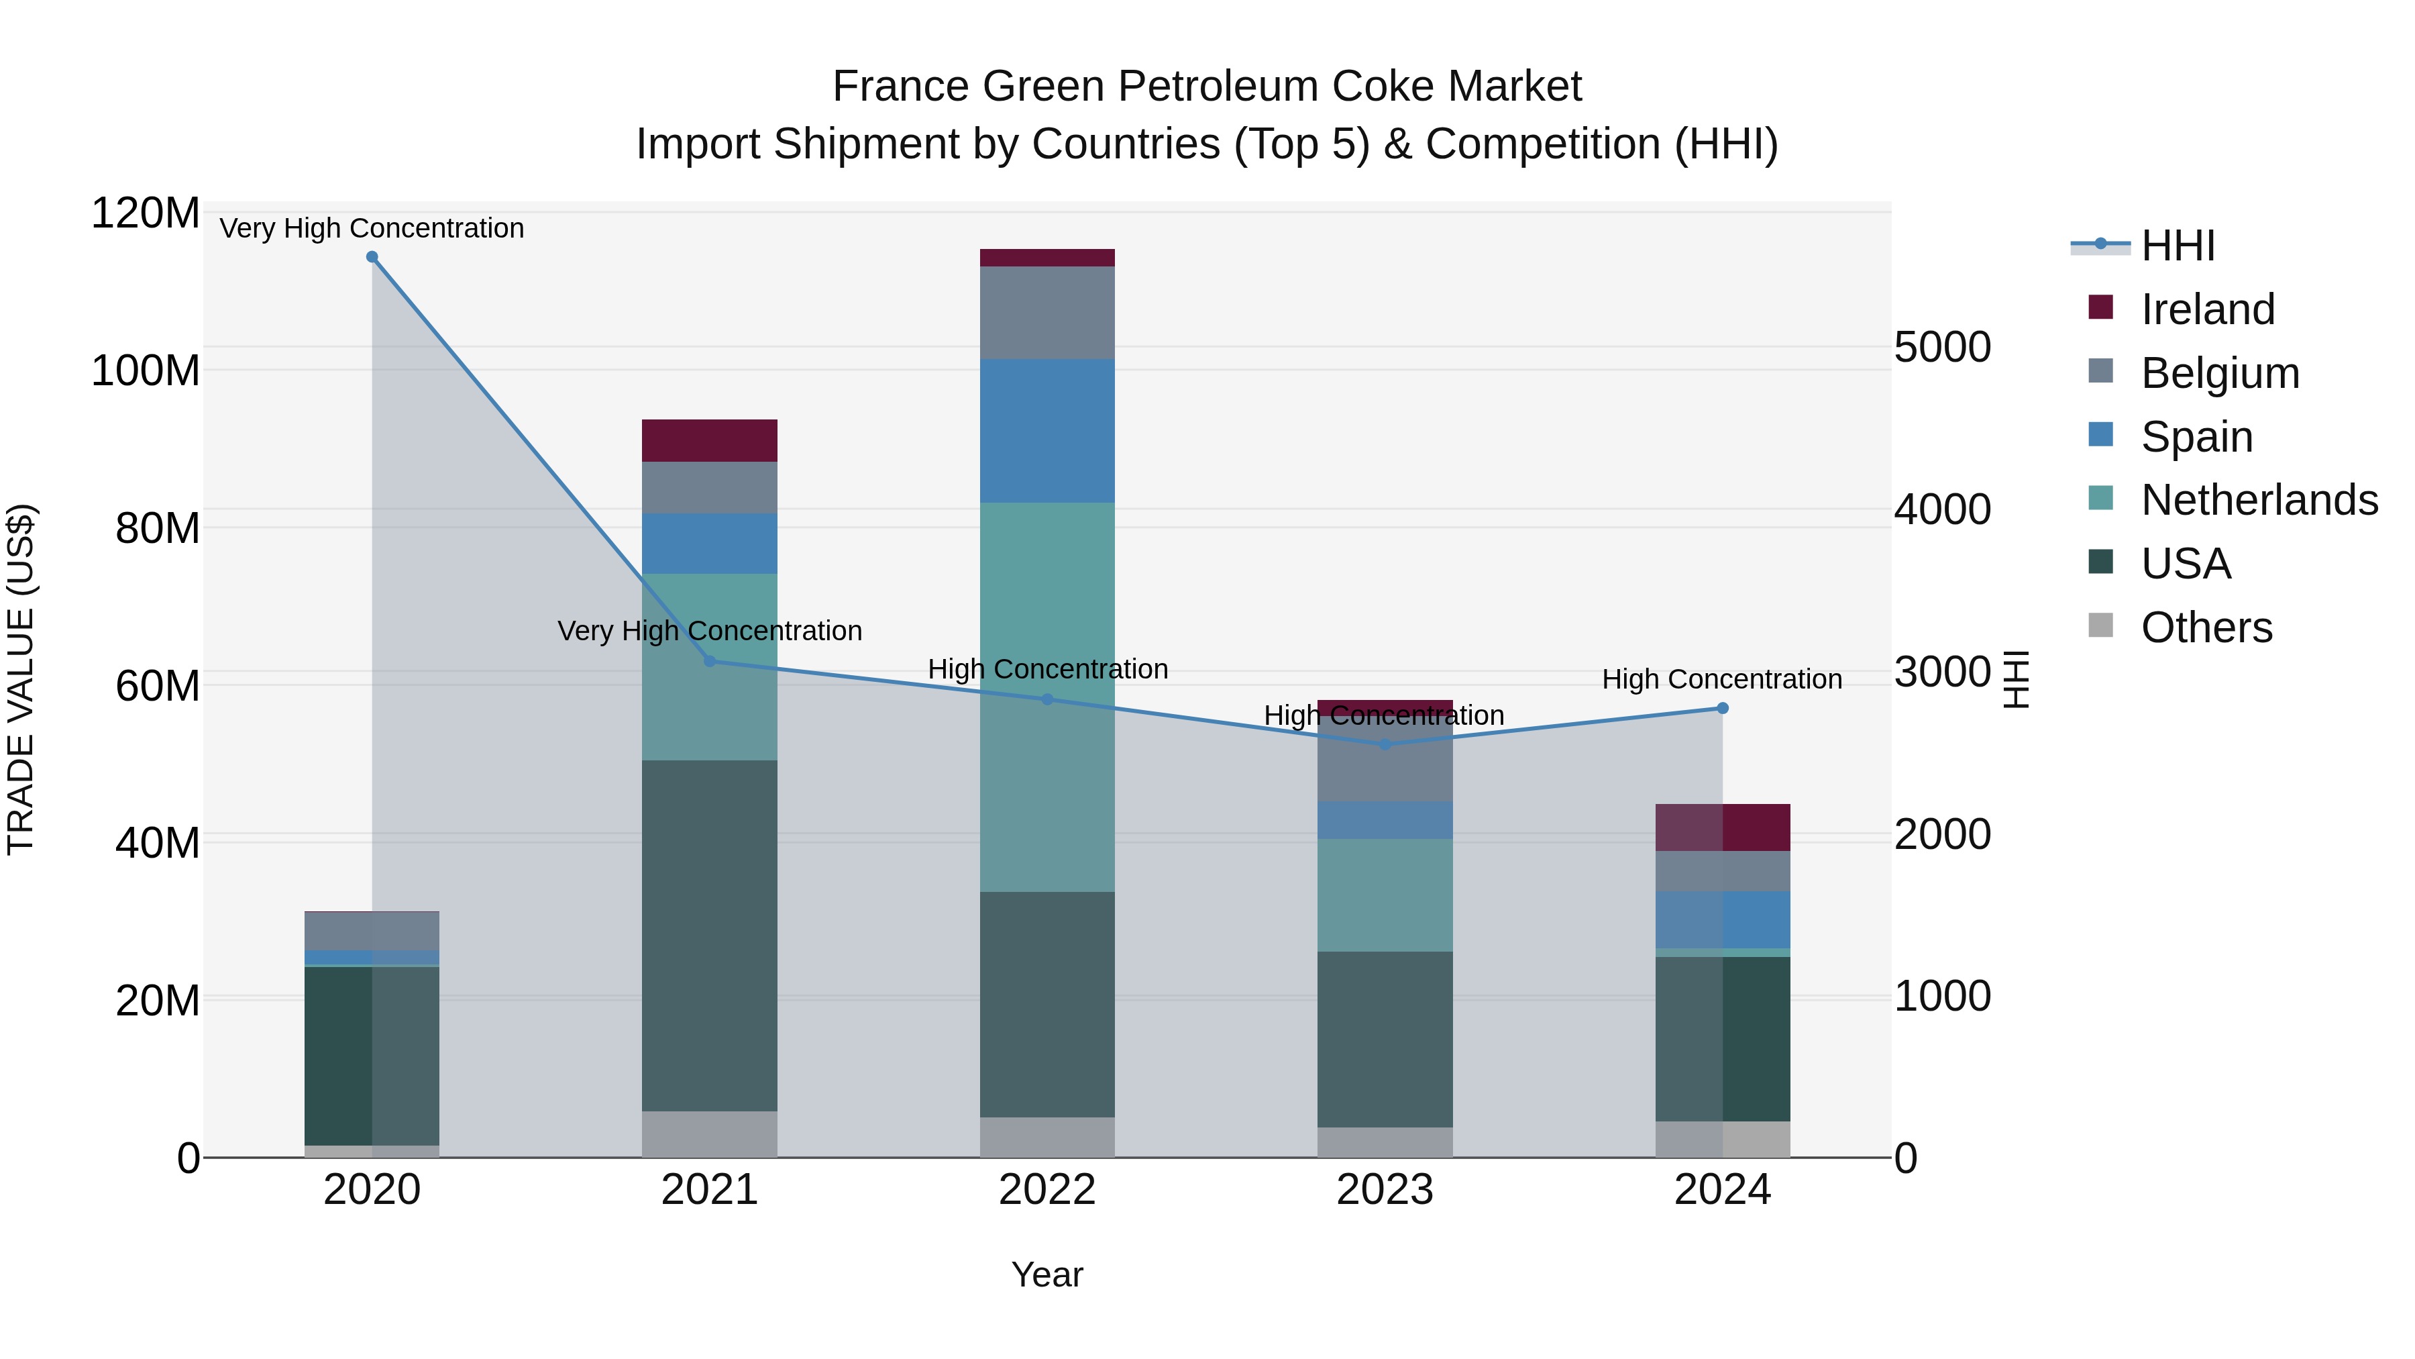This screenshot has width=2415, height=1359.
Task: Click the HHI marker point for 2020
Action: click(372, 257)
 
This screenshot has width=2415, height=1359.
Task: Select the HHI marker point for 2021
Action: click(710, 661)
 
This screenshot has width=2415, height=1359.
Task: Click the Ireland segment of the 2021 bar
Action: click(710, 441)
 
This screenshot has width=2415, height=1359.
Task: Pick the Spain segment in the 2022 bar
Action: click(1047, 432)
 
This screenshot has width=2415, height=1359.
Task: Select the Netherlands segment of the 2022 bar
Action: click(1047, 600)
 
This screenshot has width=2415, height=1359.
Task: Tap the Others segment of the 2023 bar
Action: click(1385, 1142)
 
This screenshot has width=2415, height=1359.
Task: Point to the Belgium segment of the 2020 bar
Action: click(372, 930)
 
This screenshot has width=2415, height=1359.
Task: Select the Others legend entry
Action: click(2206, 627)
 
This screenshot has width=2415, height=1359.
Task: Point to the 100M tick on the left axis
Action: click(146, 370)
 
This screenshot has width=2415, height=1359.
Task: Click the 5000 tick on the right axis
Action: click(1943, 347)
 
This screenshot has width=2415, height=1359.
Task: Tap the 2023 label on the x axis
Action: click(1385, 1190)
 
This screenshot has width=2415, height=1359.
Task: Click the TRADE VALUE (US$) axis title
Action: click(21, 679)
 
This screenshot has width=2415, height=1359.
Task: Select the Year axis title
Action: click(1047, 1274)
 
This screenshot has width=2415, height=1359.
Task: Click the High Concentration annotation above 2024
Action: click(1722, 679)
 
